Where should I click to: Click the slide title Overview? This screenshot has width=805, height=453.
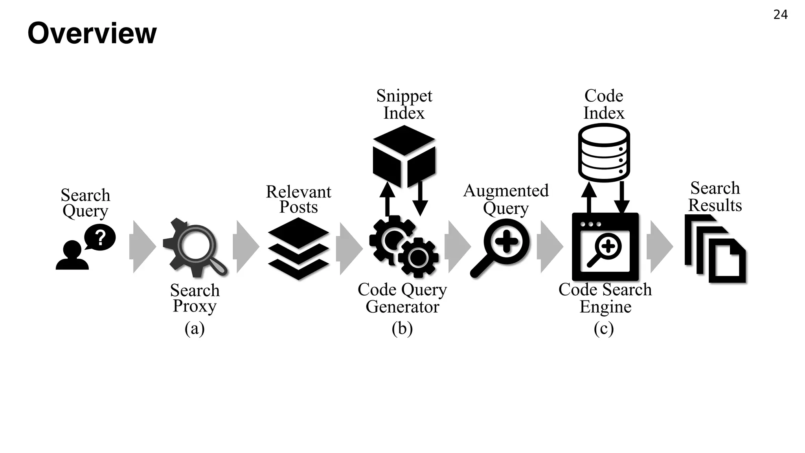click(x=92, y=33)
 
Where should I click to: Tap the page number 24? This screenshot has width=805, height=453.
click(x=780, y=15)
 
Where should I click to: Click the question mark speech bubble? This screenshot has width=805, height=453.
click(x=100, y=237)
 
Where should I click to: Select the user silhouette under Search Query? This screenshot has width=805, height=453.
click(x=72, y=256)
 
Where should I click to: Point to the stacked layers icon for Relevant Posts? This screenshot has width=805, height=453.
click(x=298, y=249)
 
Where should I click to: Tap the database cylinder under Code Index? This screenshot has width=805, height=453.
click(x=604, y=153)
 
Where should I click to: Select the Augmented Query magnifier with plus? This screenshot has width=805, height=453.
click(x=501, y=247)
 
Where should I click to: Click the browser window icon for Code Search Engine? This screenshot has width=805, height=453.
click(x=605, y=247)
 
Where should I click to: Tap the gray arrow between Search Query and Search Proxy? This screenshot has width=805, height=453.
click(x=142, y=247)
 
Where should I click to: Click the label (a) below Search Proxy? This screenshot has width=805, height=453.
click(x=195, y=328)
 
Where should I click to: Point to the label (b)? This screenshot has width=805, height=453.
click(x=402, y=328)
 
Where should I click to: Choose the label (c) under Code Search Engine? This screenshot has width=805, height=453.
click(x=604, y=328)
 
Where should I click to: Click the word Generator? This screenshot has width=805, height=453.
click(x=402, y=307)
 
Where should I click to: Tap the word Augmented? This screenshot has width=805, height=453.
click(x=506, y=191)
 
